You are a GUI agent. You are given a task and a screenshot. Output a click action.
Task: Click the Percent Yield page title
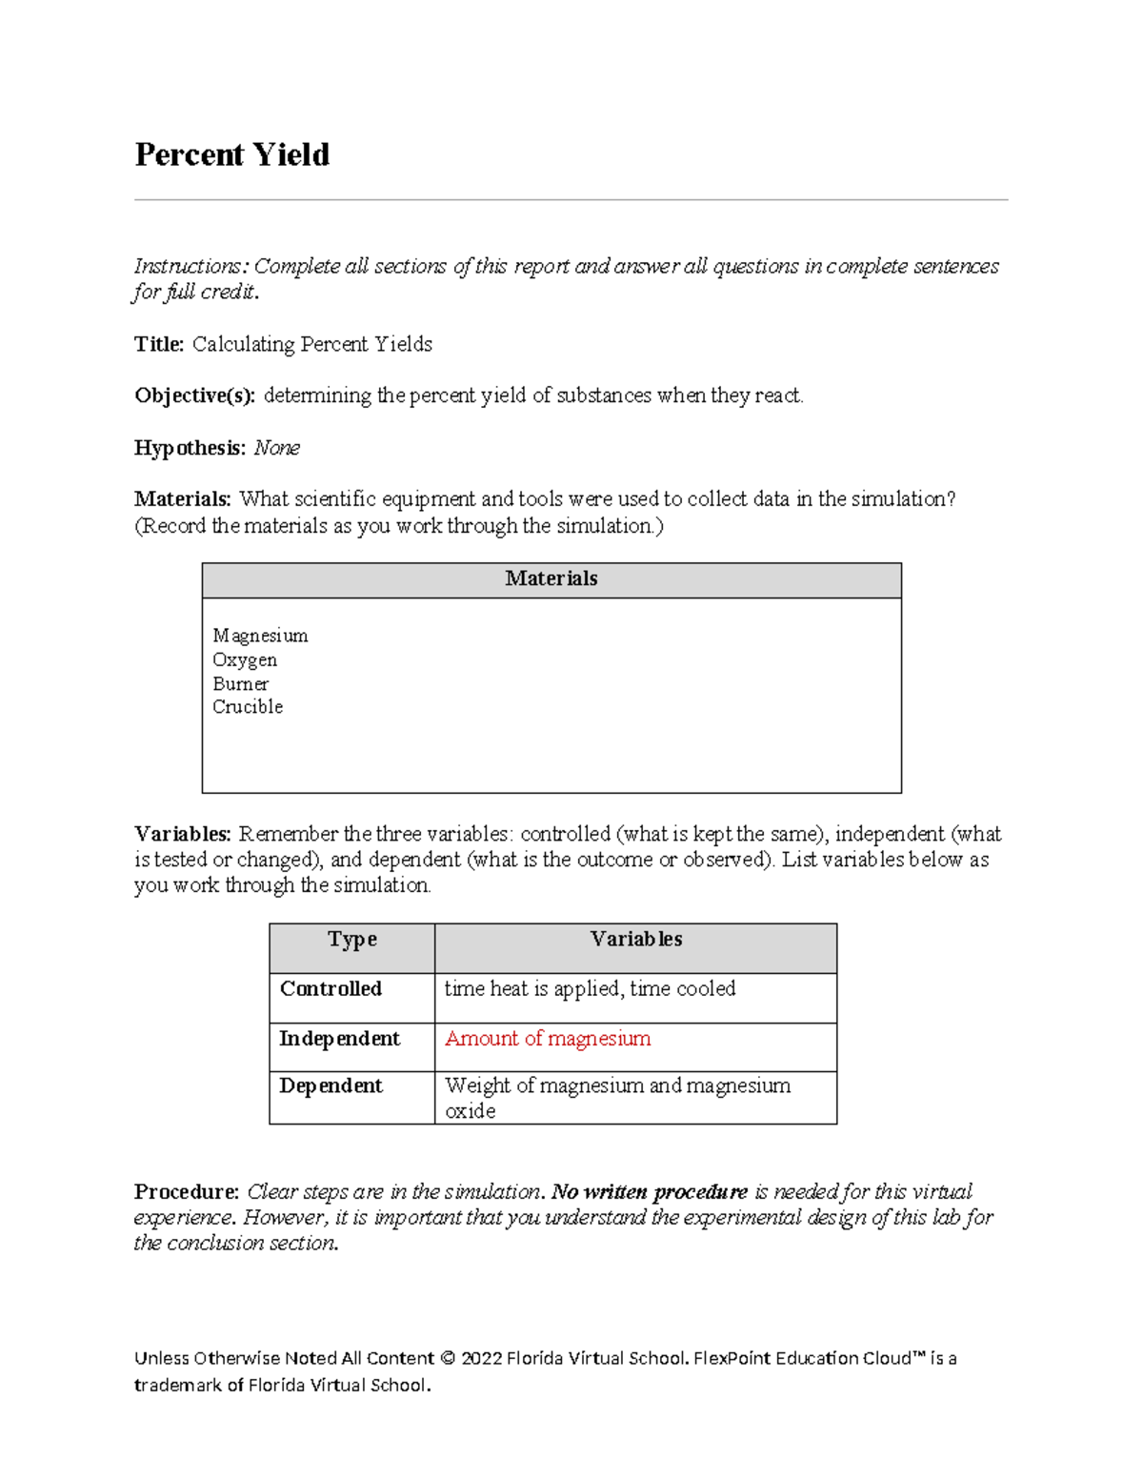pyautogui.click(x=231, y=154)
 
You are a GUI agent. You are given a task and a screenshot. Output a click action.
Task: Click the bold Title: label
pyautogui.click(x=159, y=344)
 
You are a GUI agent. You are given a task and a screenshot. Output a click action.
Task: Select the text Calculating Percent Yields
pyautogui.click(x=312, y=344)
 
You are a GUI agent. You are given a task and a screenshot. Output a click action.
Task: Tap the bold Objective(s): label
pyautogui.click(x=194, y=395)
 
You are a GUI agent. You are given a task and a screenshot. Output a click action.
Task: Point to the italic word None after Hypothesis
pyautogui.click(x=277, y=448)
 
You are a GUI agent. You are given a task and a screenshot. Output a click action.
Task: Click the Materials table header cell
pyautogui.click(x=551, y=579)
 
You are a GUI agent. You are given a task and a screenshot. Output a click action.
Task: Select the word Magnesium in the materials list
pyautogui.click(x=260, y=636)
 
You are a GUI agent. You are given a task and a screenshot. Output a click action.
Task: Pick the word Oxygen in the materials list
pyautogui.click(x=245, y=659)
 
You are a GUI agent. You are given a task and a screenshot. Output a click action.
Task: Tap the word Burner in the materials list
pyautogui.click(x=240, y=683)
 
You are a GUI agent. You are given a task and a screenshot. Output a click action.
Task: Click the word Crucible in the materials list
pyautogui.click(x=248, y=707)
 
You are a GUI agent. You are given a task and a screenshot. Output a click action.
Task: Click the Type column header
pyautogui.click(x=352, y=940)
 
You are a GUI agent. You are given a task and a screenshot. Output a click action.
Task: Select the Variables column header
pyautogui.click(x=635, y=940)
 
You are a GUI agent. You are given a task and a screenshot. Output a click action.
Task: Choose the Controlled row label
pyautogui.click(x=331, y=989)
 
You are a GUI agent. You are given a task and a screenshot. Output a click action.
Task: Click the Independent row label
pyautogui.click(x=339, y=1039)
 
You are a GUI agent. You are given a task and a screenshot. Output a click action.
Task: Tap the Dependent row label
pyautogui.click(x=331, y=1086)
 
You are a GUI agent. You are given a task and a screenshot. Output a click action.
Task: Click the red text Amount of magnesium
pyautogui.click(x=548, y=1039)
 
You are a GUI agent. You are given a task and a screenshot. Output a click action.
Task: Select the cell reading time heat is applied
pyautogui.click(x=590, y=989)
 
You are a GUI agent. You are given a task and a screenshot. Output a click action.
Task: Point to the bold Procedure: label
pyautogui.click(x=187, y=1192)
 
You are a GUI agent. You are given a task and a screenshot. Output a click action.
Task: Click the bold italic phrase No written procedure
pyautogui.click(x=650, y=1192)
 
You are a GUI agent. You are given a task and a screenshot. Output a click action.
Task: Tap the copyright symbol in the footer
pyautogui.click(x=448, y=1359)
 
